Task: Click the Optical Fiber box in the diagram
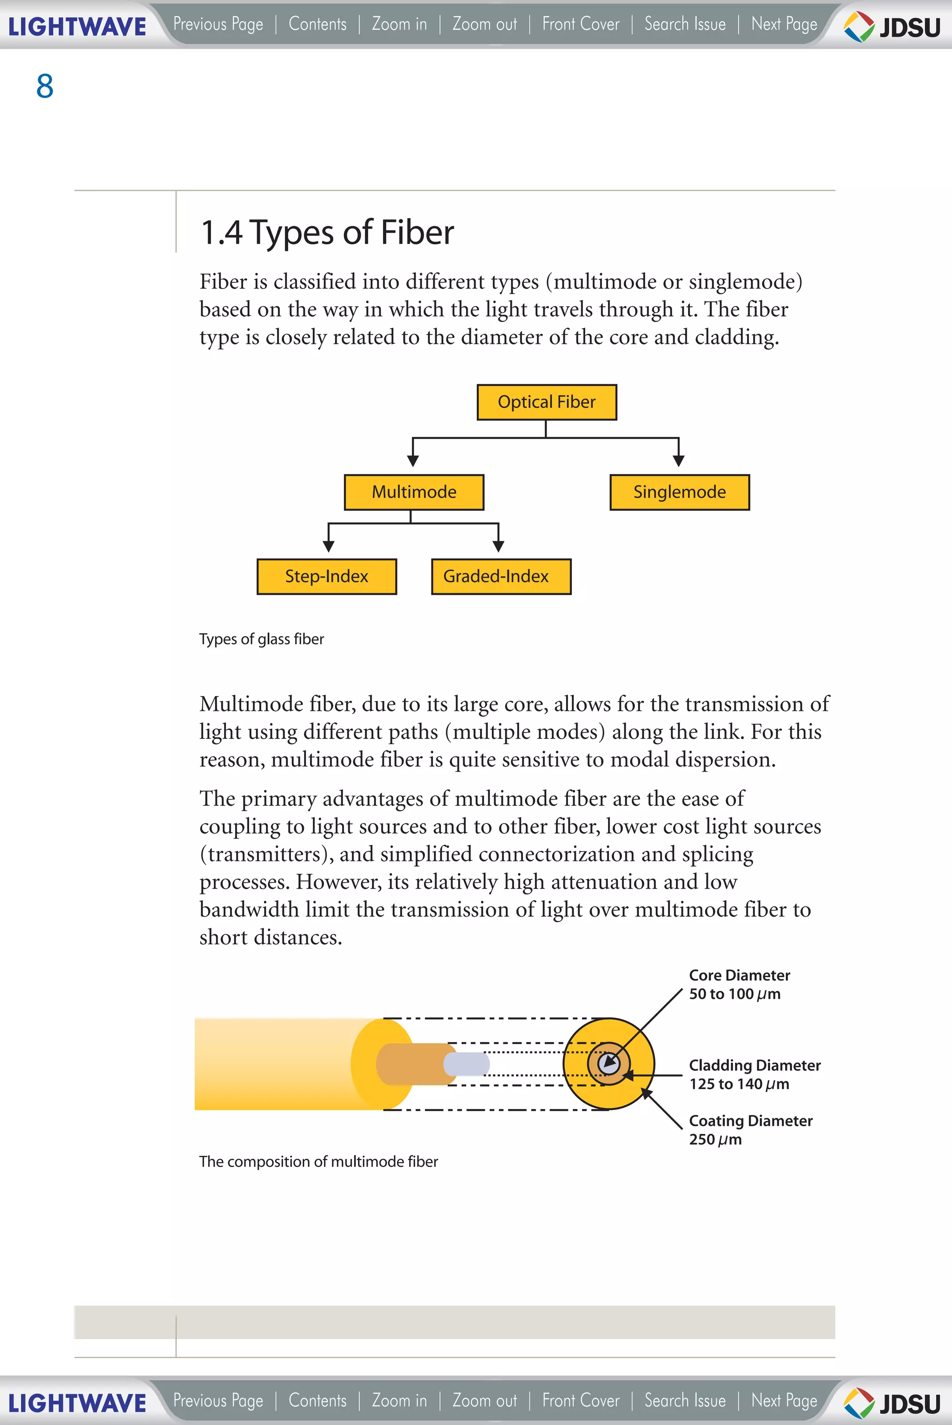click(547, 402)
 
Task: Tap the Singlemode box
click(680, 492)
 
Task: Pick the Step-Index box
click(327, 577)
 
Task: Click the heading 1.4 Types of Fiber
click(327, 232)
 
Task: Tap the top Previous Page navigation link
click(218, 24)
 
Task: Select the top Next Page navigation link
click(784, 24)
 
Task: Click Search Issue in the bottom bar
click(685, 1401)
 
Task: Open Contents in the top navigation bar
click(317, 24)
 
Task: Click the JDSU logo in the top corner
click(892, 26)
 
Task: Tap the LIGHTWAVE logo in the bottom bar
click(77, 1403)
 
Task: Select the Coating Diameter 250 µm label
click(750, 1129)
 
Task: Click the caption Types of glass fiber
click(262, 639)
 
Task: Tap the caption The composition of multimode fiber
click(318, 1162)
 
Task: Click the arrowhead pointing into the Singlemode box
click(679, 461)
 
